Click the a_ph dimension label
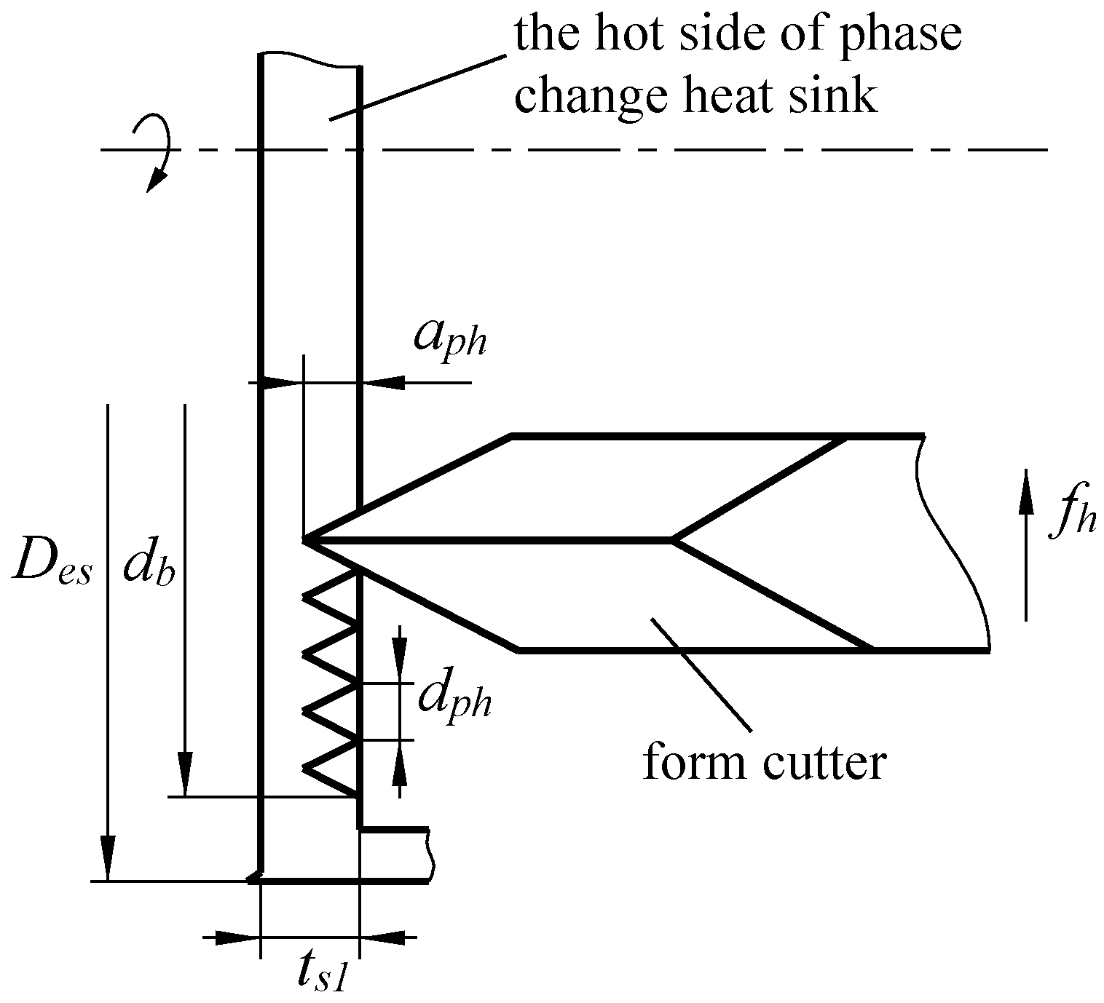[449, 337]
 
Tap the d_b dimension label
[149, 566]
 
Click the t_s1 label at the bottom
[320, 976]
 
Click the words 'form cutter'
[764, 763]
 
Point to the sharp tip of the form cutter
[305, 540]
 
